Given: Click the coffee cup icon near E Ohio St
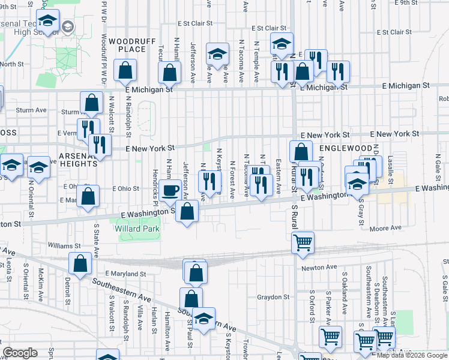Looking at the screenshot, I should [170, 190].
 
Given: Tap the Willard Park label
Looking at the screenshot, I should [137, 229].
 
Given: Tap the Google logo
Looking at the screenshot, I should [20, 353].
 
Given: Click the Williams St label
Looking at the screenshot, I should [64, 246].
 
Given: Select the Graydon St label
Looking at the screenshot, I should [273, 296].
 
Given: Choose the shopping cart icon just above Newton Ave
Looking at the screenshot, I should [303, 242].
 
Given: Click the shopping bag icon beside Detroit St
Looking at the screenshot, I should [80, 263].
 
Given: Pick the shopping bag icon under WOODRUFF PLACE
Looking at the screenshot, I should [125, 70].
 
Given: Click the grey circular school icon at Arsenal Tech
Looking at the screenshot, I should [67, 26].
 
